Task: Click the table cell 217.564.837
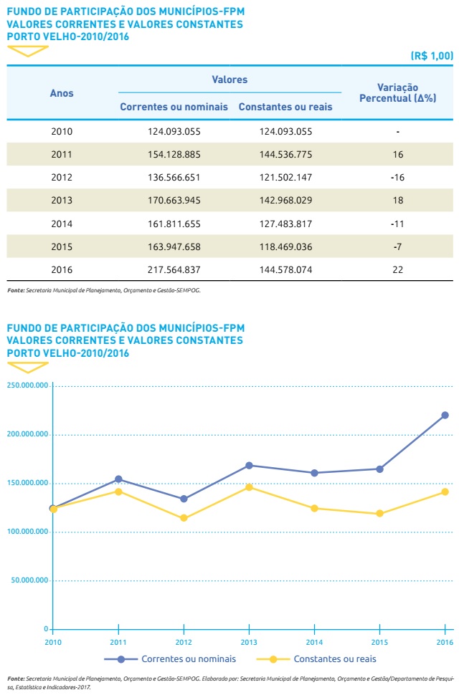[174, 269]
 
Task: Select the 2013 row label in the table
[62, 200]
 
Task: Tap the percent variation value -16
[397, 177]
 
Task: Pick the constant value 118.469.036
[285, 246]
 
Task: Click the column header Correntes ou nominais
[174, 107]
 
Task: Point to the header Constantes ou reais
[285, 107]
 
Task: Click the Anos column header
[62, 93]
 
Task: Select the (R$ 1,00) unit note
[432, 55]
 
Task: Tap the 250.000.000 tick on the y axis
[27, 385]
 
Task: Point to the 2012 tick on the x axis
[184, 641]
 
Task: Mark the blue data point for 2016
[445, 415]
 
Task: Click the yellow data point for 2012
[184, 518]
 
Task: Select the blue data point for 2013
[249, 465]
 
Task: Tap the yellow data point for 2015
[379, 514]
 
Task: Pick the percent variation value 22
[397, 269]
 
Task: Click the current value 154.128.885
[174, 154]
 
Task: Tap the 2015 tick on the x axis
[379, 641]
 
